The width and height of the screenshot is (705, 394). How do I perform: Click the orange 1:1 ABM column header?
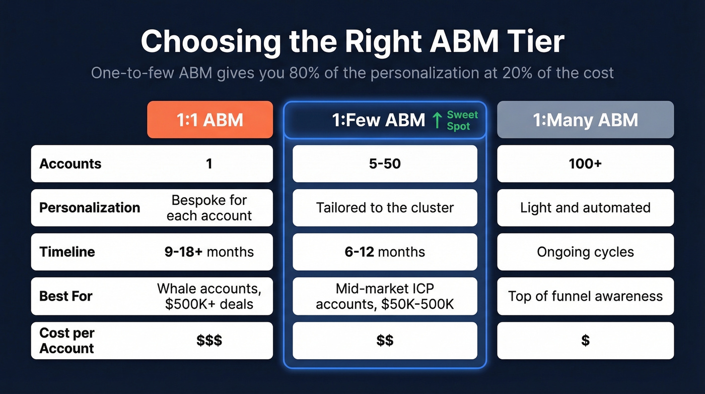pos(209,120)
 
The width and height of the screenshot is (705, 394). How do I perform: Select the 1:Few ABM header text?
pos(378,120)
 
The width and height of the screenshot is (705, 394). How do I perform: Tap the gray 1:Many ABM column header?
pos(585,120)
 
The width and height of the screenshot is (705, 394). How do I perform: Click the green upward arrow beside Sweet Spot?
pos(436,120)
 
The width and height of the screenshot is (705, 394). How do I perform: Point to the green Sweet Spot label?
pos(462,121)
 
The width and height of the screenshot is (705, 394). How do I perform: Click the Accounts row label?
pos(70,164)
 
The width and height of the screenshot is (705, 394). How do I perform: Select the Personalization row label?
pos(90,208)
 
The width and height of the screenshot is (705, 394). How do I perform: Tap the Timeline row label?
pos(67,252)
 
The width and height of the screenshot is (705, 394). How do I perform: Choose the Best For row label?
pos(65,296)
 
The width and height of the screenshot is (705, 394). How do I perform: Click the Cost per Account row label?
pos(67,341)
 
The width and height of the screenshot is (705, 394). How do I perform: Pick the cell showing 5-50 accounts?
pos(385,164)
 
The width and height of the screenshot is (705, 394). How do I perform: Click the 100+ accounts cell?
pos(585,164)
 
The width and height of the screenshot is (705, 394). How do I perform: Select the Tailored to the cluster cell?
pos(385,208)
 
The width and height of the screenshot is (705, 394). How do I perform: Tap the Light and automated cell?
pos(585,208)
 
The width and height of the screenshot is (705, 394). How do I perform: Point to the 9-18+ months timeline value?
pos(209,252)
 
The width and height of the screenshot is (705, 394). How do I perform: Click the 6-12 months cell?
pos(385,252)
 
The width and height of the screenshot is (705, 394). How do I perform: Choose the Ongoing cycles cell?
pos(585,252)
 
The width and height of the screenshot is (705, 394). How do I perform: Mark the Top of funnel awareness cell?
pos(585,296)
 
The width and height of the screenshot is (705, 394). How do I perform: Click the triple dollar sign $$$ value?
pos(209,341)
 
